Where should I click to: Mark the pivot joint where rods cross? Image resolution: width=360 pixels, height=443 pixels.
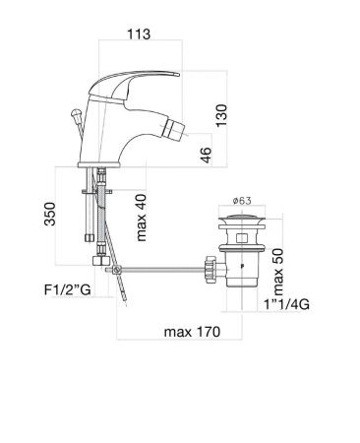tap(115, 270)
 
